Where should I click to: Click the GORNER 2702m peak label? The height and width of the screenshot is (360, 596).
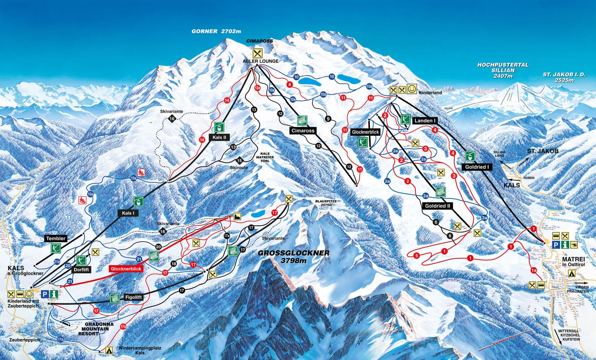(216, 31)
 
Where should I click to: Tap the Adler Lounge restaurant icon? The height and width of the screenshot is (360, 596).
(257, 53)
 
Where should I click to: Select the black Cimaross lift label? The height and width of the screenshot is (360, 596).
(302, 131)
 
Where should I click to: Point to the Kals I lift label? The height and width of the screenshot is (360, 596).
(128, 213)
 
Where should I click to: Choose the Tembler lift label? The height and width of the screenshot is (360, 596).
(56, 238)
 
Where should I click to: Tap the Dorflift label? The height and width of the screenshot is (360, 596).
(81, 270)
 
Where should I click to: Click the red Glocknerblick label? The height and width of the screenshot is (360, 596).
(125, 269)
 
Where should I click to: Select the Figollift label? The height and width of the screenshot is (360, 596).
(133, 297)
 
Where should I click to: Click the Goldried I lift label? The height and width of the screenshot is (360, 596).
(477, 167)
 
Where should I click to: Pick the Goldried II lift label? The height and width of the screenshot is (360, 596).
(437, 206)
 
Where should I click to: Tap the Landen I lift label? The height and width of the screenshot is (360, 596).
(425, 120)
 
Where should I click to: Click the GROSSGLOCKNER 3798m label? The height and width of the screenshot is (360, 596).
(294, 257)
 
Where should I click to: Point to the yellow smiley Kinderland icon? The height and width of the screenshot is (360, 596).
(411, 89)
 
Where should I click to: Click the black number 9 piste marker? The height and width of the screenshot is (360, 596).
(328, 119)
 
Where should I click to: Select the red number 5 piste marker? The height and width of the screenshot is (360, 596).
(417, 256)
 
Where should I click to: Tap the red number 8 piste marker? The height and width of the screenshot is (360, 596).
(289, 85)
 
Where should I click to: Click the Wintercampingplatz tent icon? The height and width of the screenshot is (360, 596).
(108, 350)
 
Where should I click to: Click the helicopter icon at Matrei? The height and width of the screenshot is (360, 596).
(574, 245)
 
